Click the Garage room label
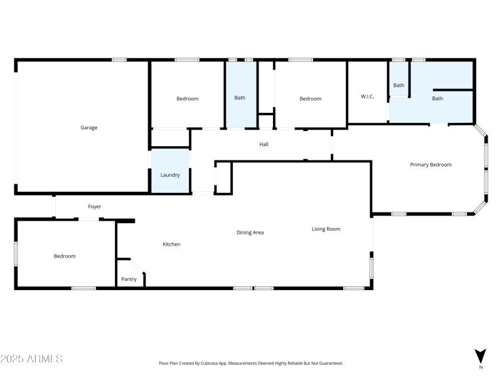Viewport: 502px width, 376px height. tap(88, 128)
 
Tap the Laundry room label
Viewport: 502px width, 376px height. tap(170, 175)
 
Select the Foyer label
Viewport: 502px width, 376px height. tap(94, 207)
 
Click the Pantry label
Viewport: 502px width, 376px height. tap(129, 279)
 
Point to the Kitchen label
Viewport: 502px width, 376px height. tap(171, 244)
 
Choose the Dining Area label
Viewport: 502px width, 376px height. tap(250, 232)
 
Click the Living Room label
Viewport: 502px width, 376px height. tap(326, 229)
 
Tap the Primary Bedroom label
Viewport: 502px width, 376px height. tap(430, 165)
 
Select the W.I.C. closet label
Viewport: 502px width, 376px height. tap(367, 97)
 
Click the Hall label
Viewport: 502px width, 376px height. tap(264, 145)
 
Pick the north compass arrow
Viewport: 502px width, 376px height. tap(480, 355)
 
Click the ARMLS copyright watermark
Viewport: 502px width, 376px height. tap(31, 359)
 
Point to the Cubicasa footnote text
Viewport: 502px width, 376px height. tap(250, 363)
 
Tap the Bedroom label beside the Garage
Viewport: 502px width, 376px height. tap(187, 99)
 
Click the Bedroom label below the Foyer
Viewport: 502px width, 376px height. tap(64, 256)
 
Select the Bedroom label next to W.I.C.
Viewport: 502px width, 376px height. tap(310, 99)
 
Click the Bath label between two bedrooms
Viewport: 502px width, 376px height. tap(240, 98)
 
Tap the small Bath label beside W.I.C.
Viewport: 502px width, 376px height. tap(399, 85)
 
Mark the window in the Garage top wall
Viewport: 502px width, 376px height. tap(119, 60)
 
